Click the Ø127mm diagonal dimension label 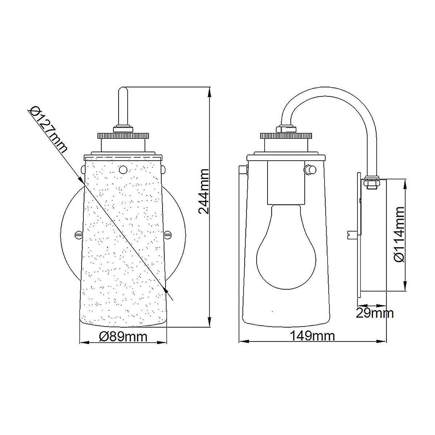49,129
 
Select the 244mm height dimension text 204,191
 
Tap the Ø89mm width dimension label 123,337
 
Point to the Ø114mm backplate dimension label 399,234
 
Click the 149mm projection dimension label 312,336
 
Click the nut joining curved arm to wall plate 371,182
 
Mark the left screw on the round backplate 78,235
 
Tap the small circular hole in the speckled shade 123,169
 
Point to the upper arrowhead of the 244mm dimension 209,93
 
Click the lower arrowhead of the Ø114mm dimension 405,286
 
